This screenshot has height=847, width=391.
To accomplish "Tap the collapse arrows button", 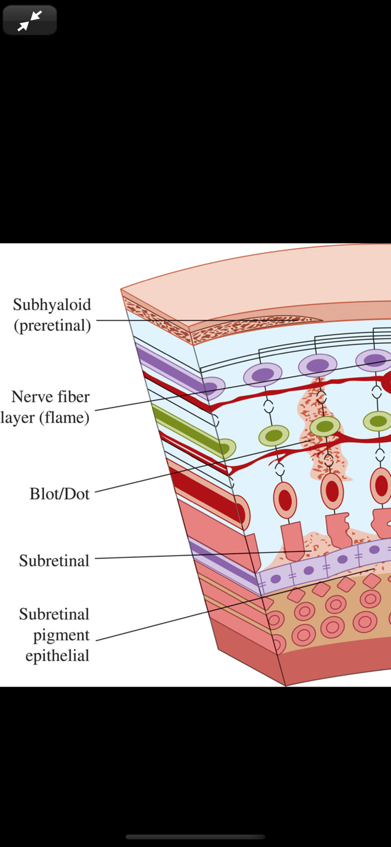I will tap(29, 20).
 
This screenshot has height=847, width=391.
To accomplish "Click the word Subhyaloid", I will tap(52, 305).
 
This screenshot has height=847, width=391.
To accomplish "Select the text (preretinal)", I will tap(52, 326).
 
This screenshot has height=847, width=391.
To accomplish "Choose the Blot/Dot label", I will tap(60, 494).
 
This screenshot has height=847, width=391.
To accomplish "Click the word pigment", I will tap(61, 635).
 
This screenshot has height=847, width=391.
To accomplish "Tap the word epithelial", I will tap(57, 656).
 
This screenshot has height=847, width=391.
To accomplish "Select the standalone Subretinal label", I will tap(54, 561).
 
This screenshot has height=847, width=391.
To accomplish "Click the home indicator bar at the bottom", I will tap(195, 837).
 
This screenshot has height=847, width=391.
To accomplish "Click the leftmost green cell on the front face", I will tap(274, 435).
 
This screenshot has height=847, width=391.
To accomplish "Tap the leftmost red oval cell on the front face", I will tap(285, 500).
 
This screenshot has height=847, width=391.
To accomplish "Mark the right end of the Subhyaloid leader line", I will tap(322, 320).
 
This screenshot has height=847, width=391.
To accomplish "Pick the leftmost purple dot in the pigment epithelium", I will tap(275, 579).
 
